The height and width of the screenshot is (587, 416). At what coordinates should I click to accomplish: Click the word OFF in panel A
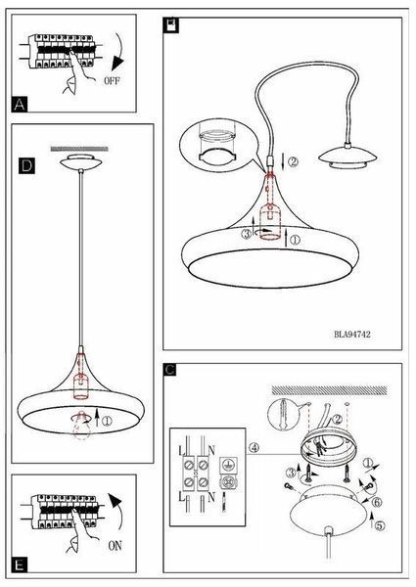pyautogui.click(x=113, y=80)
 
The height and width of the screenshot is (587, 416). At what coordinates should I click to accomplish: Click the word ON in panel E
pyautogui.click(x=115, y=546)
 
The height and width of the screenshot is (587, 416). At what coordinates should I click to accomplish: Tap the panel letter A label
pyautogui.click(x=20, y=104)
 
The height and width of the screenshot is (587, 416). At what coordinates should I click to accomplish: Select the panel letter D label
pyautogui.click(x=26, y=165)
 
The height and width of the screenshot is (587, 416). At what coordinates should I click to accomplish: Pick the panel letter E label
pyautogui.click(x=20, y=564)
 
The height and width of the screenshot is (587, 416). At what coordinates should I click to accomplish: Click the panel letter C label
pyautogui.click(x=169, y=370)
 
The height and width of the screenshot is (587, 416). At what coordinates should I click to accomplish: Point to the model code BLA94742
pyautogui.click(x=352, y=334)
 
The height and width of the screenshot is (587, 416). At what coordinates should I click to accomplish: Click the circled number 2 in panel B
pyautogui.click(x=294, y=161)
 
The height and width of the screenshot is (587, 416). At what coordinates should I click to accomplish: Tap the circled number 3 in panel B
pyautogui.click(x=246, y=235)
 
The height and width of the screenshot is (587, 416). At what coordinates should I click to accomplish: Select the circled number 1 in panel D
pyautogui.click(x=107, y=421)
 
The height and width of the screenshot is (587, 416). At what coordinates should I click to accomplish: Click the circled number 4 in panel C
pyautogui.click(x=254, y=447)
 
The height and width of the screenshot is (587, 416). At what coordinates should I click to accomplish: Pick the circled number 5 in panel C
pyautogui.click(x=380, y=525)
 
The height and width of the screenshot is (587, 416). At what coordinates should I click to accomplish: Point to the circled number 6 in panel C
pyautogui.click(x=376, y=503)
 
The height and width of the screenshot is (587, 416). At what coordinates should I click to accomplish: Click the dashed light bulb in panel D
pyautogui.click(x=81, y=425)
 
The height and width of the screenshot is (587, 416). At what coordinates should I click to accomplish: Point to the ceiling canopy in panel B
pyautogui.click(x=347, y=155)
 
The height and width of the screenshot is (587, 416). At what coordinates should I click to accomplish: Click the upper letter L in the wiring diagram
pyautogui.click(x=181, y=450)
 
